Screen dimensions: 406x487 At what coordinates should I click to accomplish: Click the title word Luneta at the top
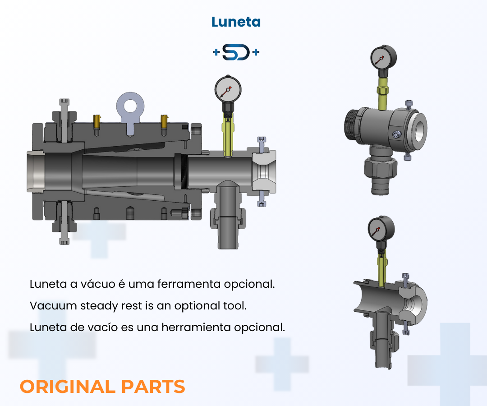click(x=236, y=22)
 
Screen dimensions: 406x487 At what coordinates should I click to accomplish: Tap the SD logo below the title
click(x=236, y=53)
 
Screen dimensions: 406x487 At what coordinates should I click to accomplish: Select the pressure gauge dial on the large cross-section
click(x=226, y=89)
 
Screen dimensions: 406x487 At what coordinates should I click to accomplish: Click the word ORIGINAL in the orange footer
click(x=67, y=387)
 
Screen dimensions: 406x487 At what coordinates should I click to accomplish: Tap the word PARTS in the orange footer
click(x=153, y=387)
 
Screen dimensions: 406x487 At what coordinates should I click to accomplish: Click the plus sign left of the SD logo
click(x=216, y=53)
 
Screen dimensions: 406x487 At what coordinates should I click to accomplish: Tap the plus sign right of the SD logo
click(x=256, y=53)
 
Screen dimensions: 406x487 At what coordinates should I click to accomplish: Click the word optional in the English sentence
click(x=198, y=305)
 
